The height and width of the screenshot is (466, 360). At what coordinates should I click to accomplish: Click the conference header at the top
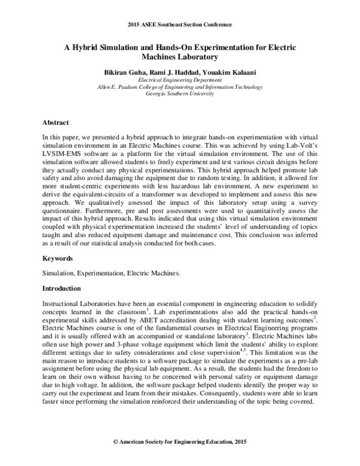[x=180, y=25]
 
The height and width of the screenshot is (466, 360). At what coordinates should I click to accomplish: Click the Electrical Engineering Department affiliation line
[x=180, y=80]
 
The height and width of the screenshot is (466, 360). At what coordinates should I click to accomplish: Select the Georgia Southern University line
[x=180, y=94]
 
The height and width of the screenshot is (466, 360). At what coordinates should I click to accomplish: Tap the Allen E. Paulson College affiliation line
[x=180, y=87]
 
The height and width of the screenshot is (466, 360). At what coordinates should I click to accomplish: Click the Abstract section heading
[x=56, y=123]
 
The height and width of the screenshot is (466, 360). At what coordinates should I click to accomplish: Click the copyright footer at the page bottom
[x=180, y=441]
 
